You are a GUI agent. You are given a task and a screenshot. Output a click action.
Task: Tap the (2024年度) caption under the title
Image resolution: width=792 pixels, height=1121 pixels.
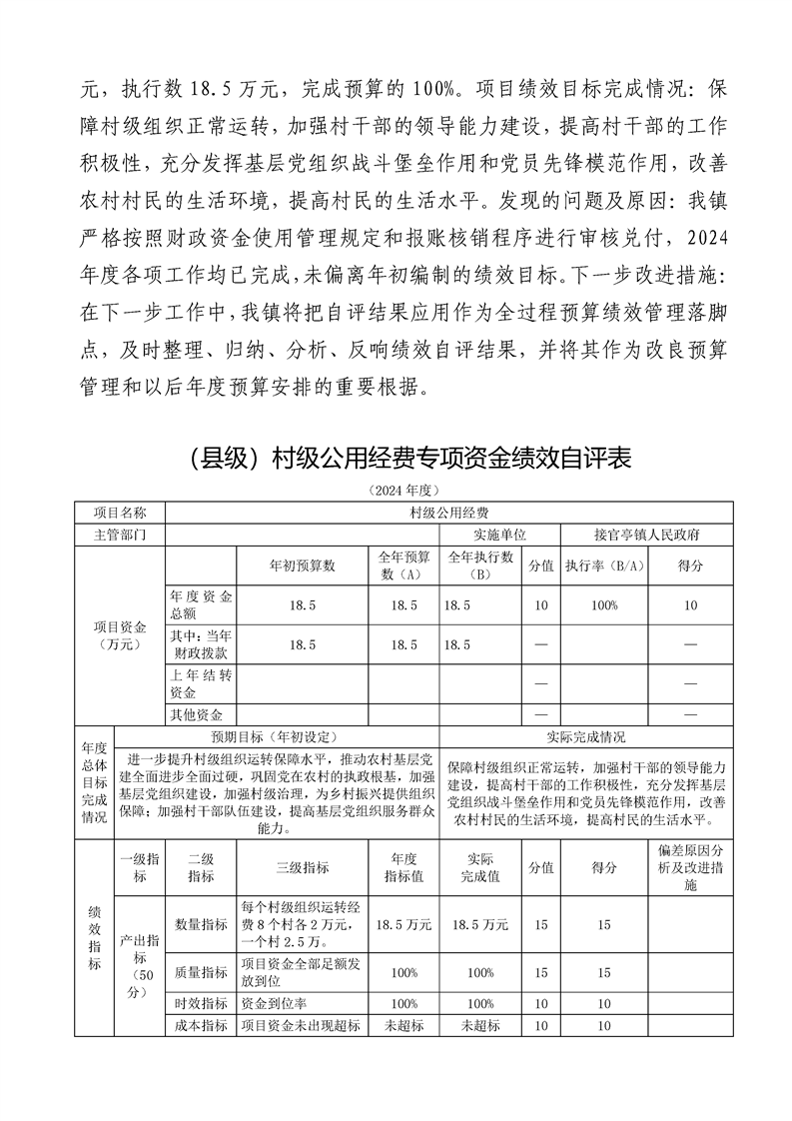coord(396,491)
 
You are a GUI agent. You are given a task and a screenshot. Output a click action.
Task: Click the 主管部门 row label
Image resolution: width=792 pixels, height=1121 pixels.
coord(119,535)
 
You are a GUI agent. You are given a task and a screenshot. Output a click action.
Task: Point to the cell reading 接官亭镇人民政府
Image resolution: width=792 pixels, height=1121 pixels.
coord(646,535)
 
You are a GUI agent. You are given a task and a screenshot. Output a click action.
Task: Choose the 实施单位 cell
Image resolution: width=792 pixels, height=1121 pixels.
coord(499,535)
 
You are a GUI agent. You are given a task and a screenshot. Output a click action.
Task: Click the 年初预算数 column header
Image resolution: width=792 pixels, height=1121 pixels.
coord(303,565)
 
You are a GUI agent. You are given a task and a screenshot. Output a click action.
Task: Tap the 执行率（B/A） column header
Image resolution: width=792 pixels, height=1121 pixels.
coord(604,565)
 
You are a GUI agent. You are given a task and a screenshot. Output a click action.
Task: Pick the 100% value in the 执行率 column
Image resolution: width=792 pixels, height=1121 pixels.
coord(604,605)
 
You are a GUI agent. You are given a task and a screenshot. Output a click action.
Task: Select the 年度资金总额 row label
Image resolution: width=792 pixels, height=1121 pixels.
coord(202,605)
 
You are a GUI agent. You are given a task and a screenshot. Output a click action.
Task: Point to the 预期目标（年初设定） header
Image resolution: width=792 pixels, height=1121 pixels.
coord(276,737)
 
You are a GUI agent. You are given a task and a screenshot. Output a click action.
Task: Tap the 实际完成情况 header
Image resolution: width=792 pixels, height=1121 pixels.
coord(585,737)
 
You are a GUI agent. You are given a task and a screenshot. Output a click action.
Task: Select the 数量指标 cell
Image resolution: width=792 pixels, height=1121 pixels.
coord(201,925)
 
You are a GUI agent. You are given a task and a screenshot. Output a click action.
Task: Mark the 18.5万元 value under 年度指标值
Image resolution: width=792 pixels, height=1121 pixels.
coord(404,925)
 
